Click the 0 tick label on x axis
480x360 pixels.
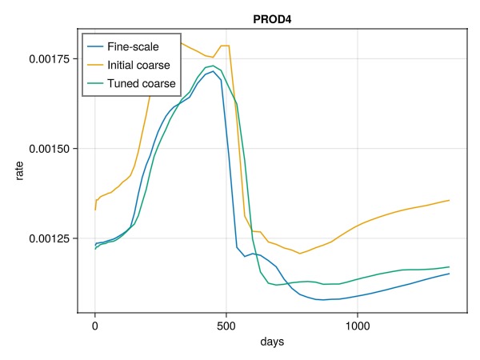[x=94, y=326]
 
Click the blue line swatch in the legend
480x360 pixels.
[x=98, y=47]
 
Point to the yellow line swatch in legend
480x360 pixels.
[x=98, y=65]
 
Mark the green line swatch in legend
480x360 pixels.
[x=98, y=82]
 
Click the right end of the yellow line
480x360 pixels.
[x=449, y=200]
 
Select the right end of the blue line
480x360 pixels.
[x=449, y=274]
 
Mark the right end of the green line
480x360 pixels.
[x=449, y=266]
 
